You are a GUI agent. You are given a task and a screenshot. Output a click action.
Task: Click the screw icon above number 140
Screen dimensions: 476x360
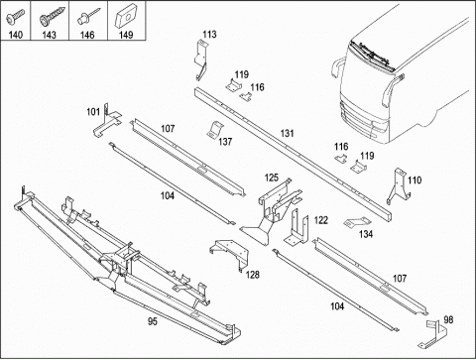coord(15,17)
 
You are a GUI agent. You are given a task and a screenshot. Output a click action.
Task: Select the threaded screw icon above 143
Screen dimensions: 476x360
coord(52,17)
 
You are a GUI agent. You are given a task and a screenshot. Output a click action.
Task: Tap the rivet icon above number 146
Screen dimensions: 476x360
coord(88,17)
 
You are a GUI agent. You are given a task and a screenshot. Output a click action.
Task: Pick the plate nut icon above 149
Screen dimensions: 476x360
coord(126,16)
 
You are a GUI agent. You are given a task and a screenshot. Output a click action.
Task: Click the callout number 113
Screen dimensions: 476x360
coord(209,35)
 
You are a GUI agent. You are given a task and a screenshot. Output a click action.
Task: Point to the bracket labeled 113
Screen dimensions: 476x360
coord(200,60)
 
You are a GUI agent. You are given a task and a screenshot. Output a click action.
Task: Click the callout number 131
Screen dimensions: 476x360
coord(287,133)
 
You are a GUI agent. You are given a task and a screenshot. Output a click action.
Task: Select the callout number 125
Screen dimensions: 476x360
coord(272,178)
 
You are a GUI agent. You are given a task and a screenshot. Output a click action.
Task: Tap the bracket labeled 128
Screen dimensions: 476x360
coord(230,254)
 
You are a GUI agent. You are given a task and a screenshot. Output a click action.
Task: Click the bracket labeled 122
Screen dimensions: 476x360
coord(297,228)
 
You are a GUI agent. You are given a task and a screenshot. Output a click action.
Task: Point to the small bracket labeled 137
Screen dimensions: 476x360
coord(215,130)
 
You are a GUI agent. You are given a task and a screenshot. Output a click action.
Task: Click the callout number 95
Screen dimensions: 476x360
coord(153,321)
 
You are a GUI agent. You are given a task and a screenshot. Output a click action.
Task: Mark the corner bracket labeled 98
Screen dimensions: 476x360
coord(433,334)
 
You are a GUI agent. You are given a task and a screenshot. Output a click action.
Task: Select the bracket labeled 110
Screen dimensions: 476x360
coord(399,185)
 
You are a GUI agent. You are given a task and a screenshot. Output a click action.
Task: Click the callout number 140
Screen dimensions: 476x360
coord(15,35)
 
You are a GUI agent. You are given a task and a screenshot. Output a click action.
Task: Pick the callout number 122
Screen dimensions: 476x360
coord(320,220)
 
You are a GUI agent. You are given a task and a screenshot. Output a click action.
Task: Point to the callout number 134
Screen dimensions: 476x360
coord(366,234)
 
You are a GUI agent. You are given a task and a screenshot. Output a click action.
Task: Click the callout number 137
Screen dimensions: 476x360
coord(225,142)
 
